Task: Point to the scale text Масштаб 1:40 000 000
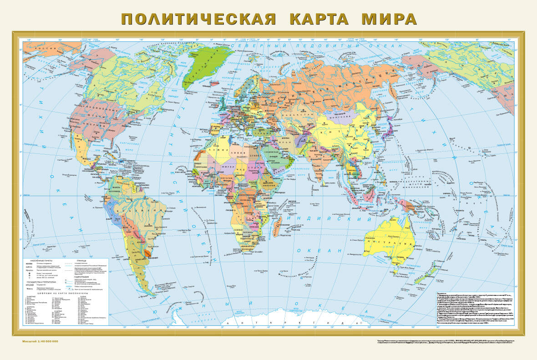coord(41,341)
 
